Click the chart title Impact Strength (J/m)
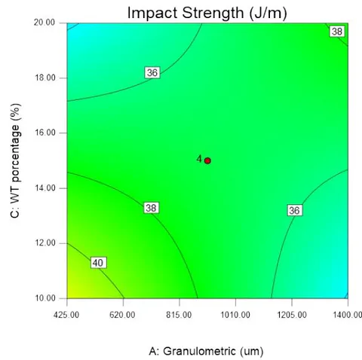207,13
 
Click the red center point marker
207,160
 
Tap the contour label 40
98,263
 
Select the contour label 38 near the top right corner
337,32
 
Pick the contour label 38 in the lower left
151,208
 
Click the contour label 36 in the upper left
152,73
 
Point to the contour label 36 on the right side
294,210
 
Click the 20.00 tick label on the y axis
44,23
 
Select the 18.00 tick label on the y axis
44,78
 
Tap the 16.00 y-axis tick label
44,133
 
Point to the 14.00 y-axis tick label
44,188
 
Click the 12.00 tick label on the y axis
44,243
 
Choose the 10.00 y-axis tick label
44,298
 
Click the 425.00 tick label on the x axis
66,315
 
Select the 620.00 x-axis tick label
122,315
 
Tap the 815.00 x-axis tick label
179,315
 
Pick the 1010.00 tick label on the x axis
235,315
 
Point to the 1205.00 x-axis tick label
292,315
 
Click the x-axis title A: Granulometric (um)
206,351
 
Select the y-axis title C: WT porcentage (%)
16,161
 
